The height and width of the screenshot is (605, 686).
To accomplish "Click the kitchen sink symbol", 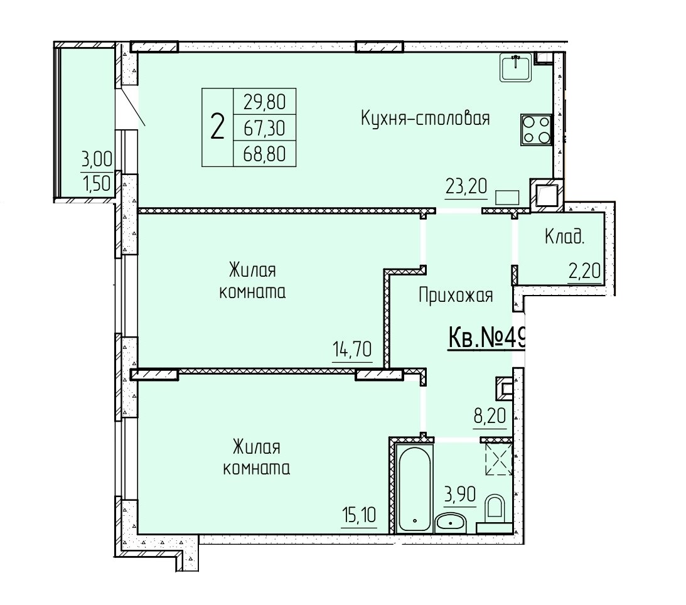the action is [x=517, y=67].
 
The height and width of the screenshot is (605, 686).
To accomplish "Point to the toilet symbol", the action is [x=495, y=514].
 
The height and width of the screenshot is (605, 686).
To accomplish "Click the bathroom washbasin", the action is [x=451, y=522].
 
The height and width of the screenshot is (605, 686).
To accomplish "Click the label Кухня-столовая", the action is [x=426, y=118].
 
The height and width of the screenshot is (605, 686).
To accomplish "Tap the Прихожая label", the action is [x=456, y=296].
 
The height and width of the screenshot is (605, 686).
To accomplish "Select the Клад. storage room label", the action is [x=564, y=237].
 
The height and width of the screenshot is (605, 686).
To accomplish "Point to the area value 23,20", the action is [x=466, y=187].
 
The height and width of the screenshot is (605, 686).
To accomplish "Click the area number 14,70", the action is [x=352, y=350].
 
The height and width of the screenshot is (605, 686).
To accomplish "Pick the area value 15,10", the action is [x=358, y=515].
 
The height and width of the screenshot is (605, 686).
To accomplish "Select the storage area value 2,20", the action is [x=584, y=272].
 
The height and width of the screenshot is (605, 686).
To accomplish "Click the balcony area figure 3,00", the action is [x=97, y=159].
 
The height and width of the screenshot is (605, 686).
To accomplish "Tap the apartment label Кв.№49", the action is [x=486, y=339].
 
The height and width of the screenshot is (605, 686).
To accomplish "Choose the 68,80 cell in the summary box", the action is [x=265, y=154].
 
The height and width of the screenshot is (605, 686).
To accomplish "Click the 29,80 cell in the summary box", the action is [x=265, y=102].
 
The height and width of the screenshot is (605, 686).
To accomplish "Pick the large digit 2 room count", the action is [x=217, y=127].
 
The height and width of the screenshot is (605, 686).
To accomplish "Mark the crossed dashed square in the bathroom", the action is [x=499, y=459].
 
